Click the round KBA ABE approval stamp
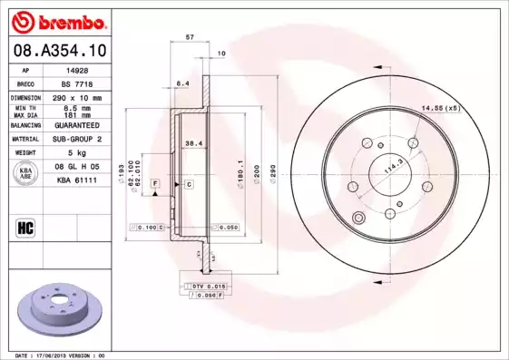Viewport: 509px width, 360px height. pyautogui.click(x=26, y=174)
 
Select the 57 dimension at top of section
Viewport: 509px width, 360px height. pyautogui.click(x=190, y=37)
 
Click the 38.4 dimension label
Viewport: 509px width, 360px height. pyautogui.click(x=192, y=143)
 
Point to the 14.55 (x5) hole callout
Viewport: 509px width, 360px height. pyautogui.click(x=440, y=109)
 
